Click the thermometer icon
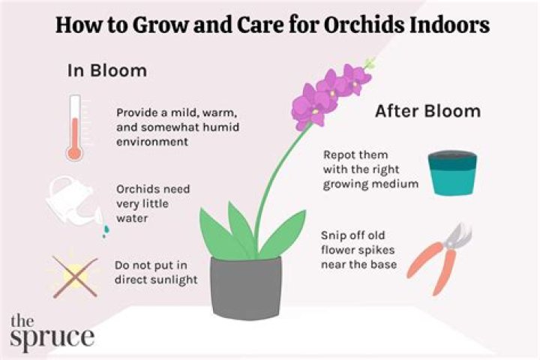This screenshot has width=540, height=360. [x=73, y=127]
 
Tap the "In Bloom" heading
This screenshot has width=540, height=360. [x=107, y=70]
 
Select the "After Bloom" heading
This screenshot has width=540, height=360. [x=427, y=112]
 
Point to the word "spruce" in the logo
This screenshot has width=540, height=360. [x=52, y=335]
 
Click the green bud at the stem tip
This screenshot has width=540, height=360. [x=368, y=63]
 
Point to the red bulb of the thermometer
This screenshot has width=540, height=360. [x=73, y=153]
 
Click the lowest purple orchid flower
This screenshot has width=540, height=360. [x=307, y=112]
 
